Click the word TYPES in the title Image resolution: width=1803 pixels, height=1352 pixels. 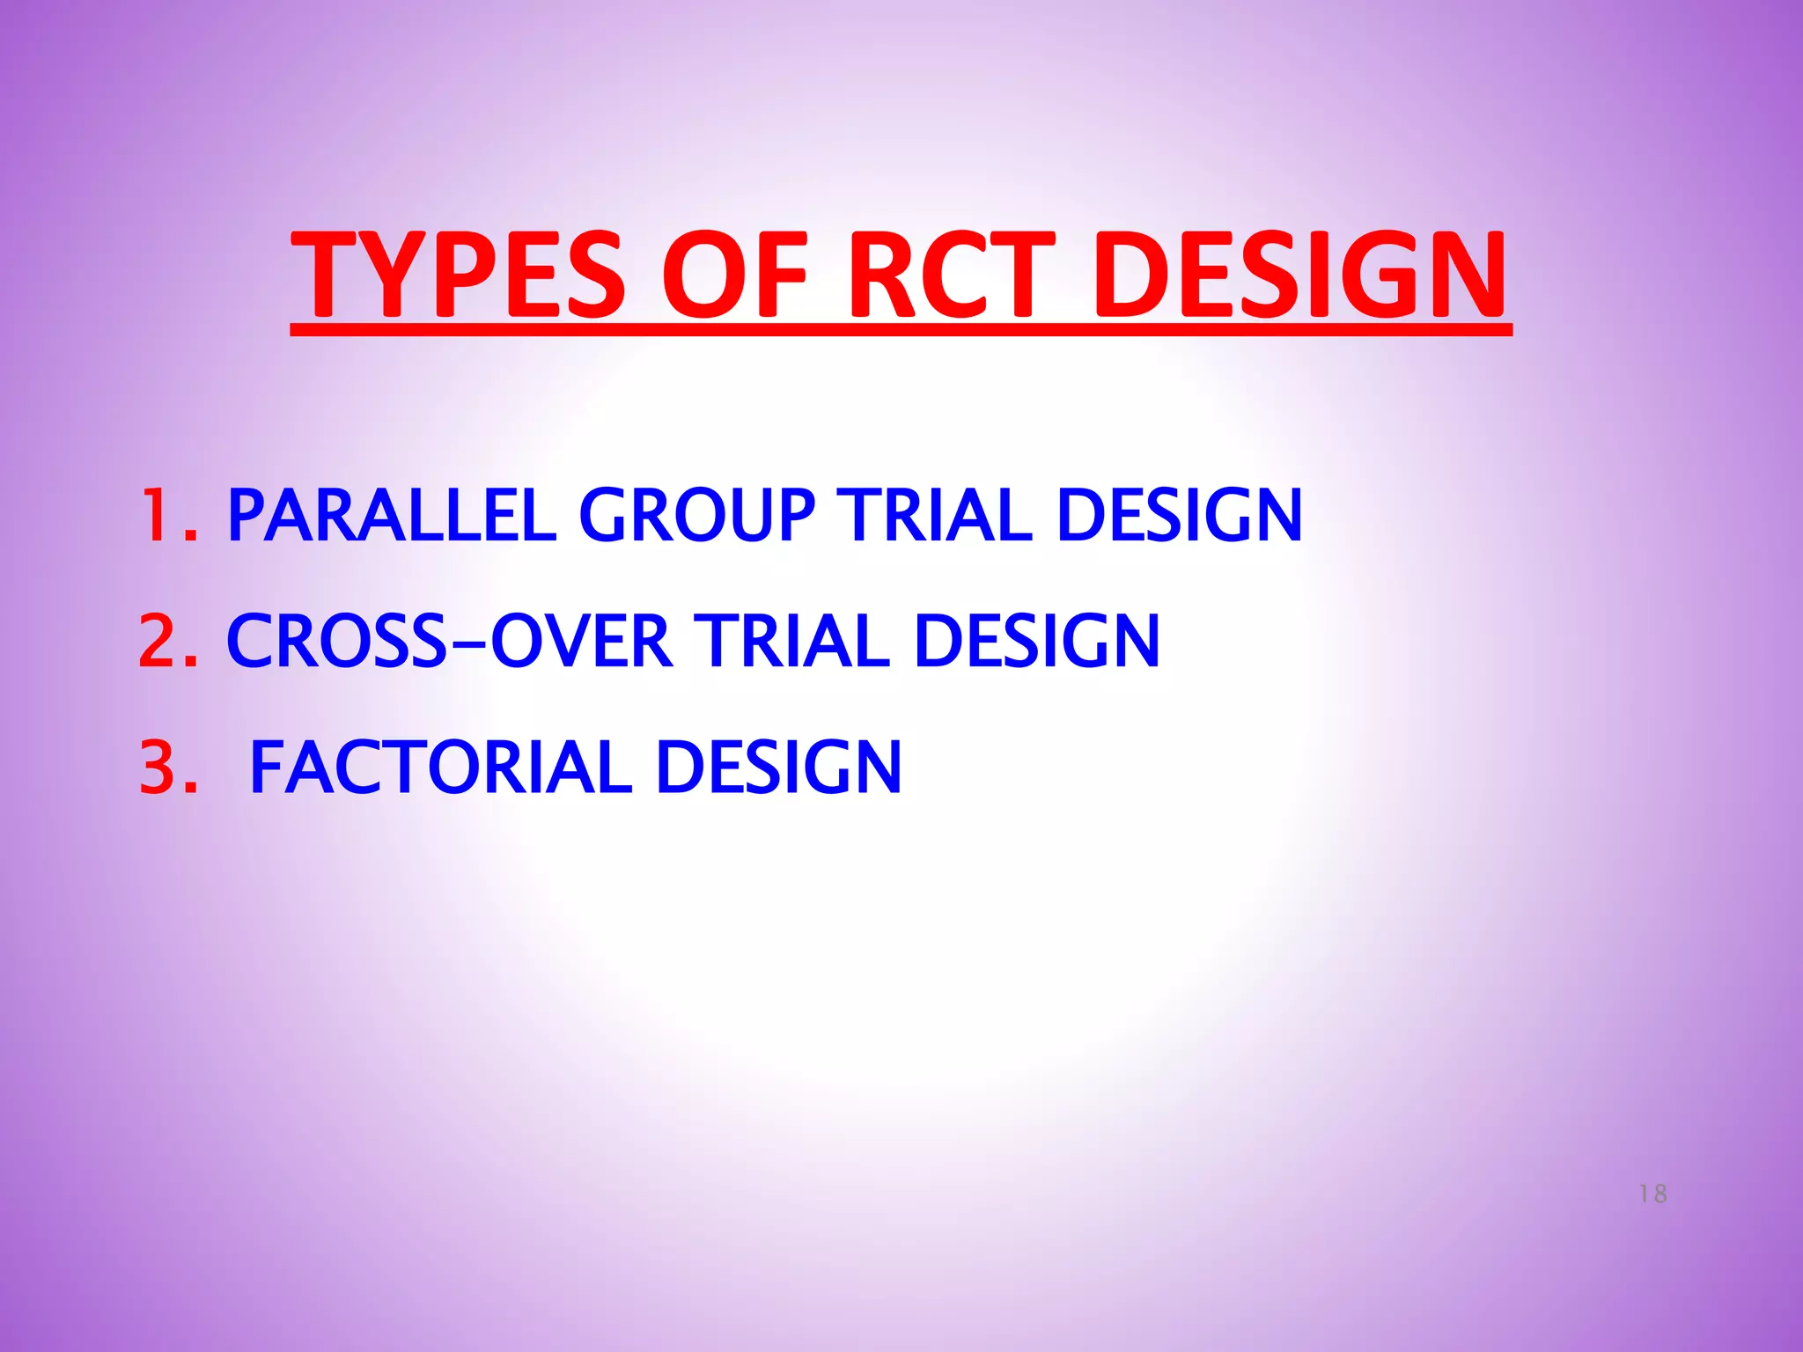tap(458, 275)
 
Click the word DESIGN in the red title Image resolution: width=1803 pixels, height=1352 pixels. tap(1300, 275)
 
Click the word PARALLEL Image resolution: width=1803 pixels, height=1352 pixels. tap(392, 516)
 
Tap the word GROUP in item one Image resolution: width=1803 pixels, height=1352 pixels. tap(696, 516)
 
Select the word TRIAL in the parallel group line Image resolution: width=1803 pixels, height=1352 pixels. tap(934, 516)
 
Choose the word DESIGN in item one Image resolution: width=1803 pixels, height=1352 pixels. tap(1179, 516)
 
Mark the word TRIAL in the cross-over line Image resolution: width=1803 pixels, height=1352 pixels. tap(791, 641)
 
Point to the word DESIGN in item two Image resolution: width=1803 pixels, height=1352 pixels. tap(1037, 641)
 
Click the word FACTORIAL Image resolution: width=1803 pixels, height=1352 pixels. tap(440, 768)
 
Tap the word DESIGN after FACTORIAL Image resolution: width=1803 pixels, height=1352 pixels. tap(778, 768)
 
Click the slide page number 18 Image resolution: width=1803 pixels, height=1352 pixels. tap(1652, 1194)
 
